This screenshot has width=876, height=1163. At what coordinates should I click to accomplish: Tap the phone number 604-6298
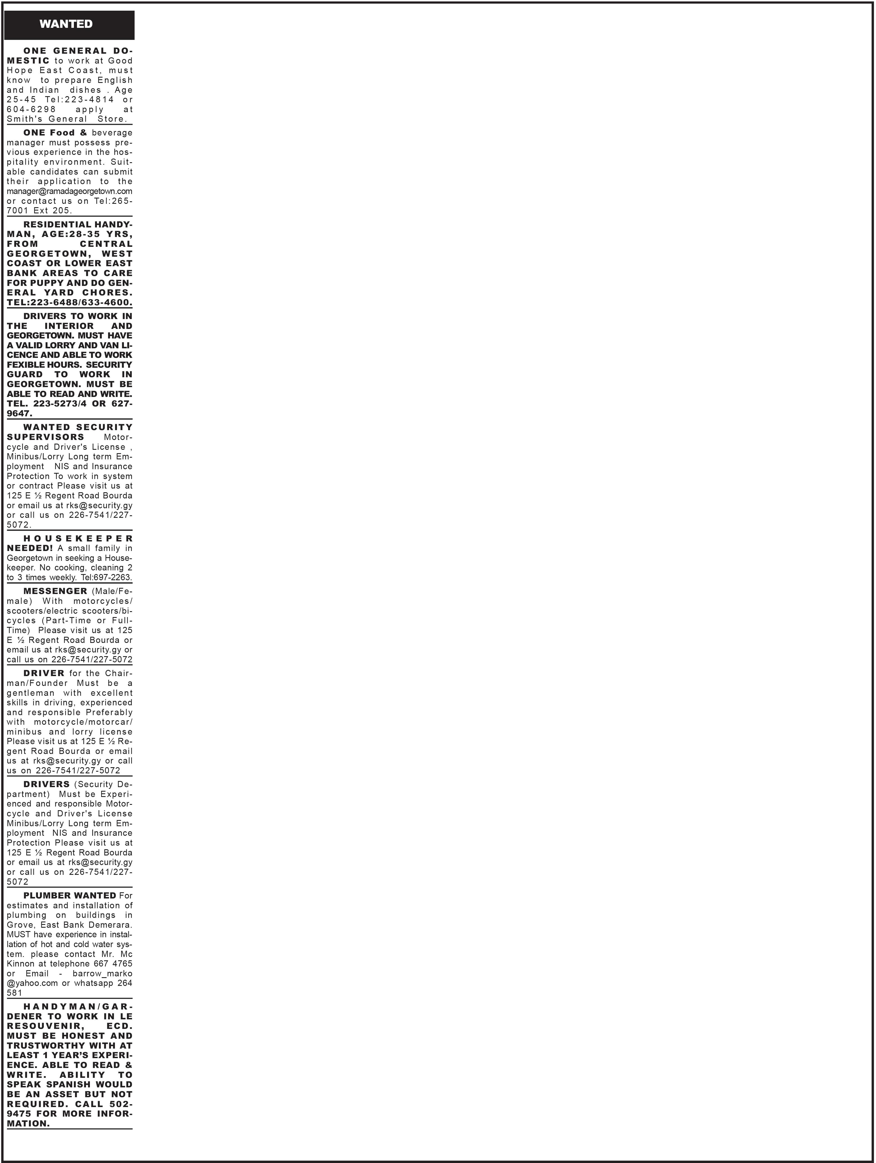(x=31, y=109)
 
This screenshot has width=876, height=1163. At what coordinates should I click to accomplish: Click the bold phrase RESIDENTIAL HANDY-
(x=78, y=225)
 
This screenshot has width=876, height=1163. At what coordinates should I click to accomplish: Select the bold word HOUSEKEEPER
(x=78, y=538)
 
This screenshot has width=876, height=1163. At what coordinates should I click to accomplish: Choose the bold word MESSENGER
(x=55, y=591)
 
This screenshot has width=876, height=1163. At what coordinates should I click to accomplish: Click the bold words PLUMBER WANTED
(x=69, y=895)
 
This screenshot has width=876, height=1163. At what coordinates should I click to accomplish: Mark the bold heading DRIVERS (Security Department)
(x=46, y=784)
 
